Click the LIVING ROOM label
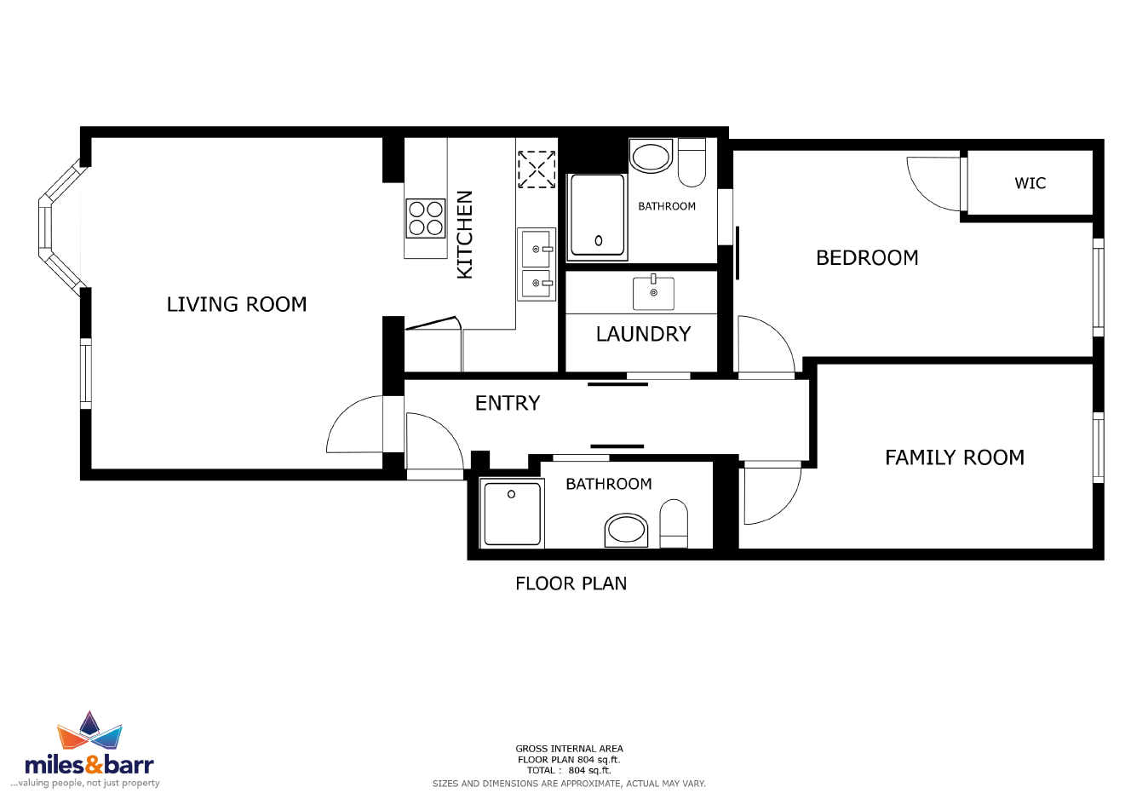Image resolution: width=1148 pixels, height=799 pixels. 237,304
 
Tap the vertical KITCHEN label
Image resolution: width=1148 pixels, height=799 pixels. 465,235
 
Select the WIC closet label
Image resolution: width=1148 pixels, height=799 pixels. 1030,183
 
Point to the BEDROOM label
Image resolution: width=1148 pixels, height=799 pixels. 867,258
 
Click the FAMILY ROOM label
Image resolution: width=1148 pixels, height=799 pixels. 955,457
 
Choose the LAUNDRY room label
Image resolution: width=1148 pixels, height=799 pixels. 643,334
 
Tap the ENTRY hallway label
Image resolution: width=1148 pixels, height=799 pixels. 508,403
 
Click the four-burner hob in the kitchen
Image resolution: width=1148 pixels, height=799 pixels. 425,218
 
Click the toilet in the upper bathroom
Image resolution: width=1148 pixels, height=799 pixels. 692,163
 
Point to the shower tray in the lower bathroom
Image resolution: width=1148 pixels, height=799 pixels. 512,513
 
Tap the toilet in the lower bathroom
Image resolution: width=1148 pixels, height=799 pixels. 674,523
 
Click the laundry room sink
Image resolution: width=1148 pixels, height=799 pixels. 653,293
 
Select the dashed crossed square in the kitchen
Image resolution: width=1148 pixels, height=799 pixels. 537,170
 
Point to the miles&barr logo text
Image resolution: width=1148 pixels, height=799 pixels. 89,765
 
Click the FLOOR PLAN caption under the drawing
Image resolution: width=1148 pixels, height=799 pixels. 571,583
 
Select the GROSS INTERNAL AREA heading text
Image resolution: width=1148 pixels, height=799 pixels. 569,749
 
